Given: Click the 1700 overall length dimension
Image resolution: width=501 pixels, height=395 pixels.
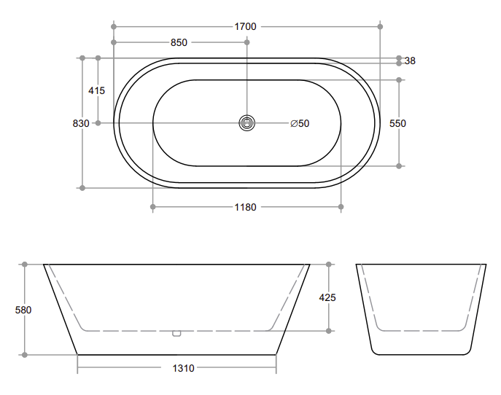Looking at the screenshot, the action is coord(245,26).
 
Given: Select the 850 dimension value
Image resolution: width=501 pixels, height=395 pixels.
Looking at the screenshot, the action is coord(179,42).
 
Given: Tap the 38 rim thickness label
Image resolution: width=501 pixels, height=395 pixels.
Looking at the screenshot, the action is coord(410,60).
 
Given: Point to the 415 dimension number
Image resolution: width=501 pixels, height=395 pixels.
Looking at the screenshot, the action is coord(96,90).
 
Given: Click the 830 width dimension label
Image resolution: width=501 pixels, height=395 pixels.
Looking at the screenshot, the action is coord(81,123).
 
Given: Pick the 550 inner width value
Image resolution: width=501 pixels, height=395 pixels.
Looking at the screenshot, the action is coord(397,123).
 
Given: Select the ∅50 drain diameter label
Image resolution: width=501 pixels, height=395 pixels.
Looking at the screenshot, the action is coord(300,123).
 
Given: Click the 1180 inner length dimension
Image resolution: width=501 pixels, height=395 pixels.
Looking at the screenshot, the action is coord(245,207).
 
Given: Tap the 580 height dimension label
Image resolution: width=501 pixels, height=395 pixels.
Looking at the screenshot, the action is coord(23,310).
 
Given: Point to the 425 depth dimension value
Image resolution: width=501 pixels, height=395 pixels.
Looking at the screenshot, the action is coord(327,297).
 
